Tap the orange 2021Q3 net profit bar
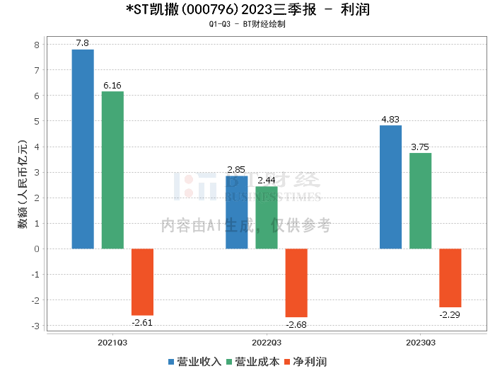(x=142, y=282)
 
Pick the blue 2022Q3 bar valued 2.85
(x=237, y=212)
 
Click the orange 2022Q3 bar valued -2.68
(x=296, y=282)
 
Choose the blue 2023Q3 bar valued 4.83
(x=390, y=187)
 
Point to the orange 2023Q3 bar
(x=450, y=278)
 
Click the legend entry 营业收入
(x=194, y=362)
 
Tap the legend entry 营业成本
(x=252, y=362)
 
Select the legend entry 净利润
(x=305, y=362)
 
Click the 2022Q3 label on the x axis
(x=266, y=343)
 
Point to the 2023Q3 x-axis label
(x=420, y=343)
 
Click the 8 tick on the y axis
(x=37, y=45)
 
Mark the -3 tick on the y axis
(x=35, y=326)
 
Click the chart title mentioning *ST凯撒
(x=247, y=10)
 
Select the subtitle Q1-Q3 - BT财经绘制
(x=247, y=24)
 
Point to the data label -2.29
(x=450, y=314)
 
